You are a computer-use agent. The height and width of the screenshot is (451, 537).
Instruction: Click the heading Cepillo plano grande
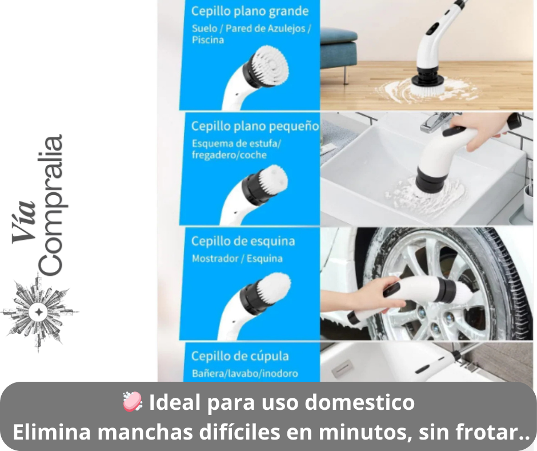[250, 11]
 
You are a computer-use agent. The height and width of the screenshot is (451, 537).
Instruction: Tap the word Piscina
[208, 40]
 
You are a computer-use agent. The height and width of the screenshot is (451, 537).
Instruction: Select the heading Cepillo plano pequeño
[255, 126]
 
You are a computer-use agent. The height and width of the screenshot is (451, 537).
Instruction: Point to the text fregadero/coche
[229, 155]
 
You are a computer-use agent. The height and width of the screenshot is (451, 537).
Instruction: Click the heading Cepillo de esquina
[243, 241]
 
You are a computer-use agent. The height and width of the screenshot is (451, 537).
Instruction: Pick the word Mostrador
[213, 258]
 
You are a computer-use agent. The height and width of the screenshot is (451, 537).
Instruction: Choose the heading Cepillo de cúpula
[240, 356]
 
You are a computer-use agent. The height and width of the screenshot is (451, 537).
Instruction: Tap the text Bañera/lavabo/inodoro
[245, 373]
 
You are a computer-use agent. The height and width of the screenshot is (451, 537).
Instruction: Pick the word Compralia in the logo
[50, 205]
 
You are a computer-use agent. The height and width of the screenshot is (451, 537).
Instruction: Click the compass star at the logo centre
[39, 312]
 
